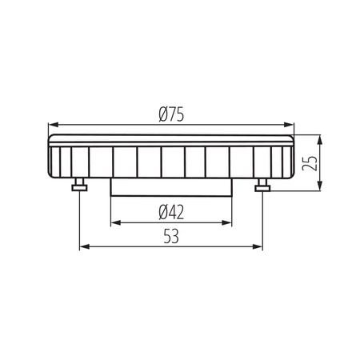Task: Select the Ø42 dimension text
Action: pos(172,212)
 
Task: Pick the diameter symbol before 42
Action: pos(162,212)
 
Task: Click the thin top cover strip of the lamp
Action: pos(171,139)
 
